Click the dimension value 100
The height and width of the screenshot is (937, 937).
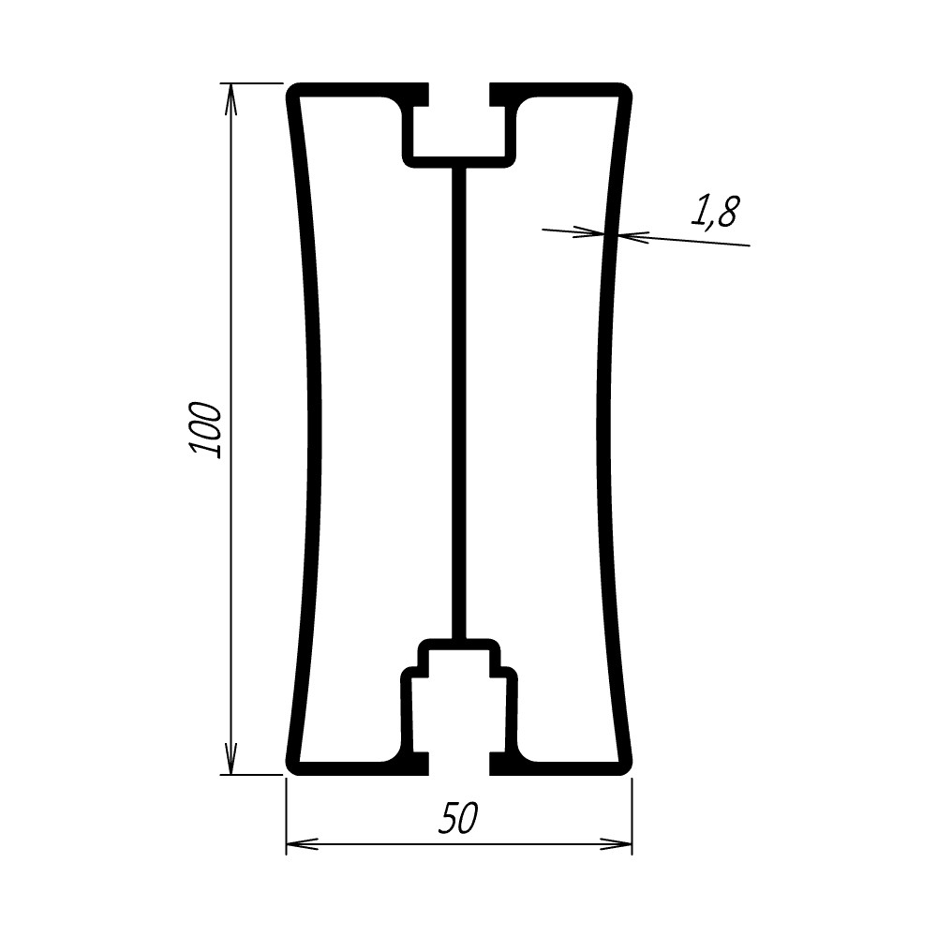click(x=205, y=430)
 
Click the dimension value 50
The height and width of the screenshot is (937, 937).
click(x=458, y=818)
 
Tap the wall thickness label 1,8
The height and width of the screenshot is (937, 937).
click(x=715, y=212)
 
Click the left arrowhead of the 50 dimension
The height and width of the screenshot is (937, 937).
click(x=303, y=844)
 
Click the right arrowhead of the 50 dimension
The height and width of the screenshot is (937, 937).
click(x=617, y=844)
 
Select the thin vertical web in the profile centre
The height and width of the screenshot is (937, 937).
click(x=458, y=403)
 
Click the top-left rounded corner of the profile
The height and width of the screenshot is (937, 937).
click(x=293, y=90)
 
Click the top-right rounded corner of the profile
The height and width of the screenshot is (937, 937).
click(x=625, y=90)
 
